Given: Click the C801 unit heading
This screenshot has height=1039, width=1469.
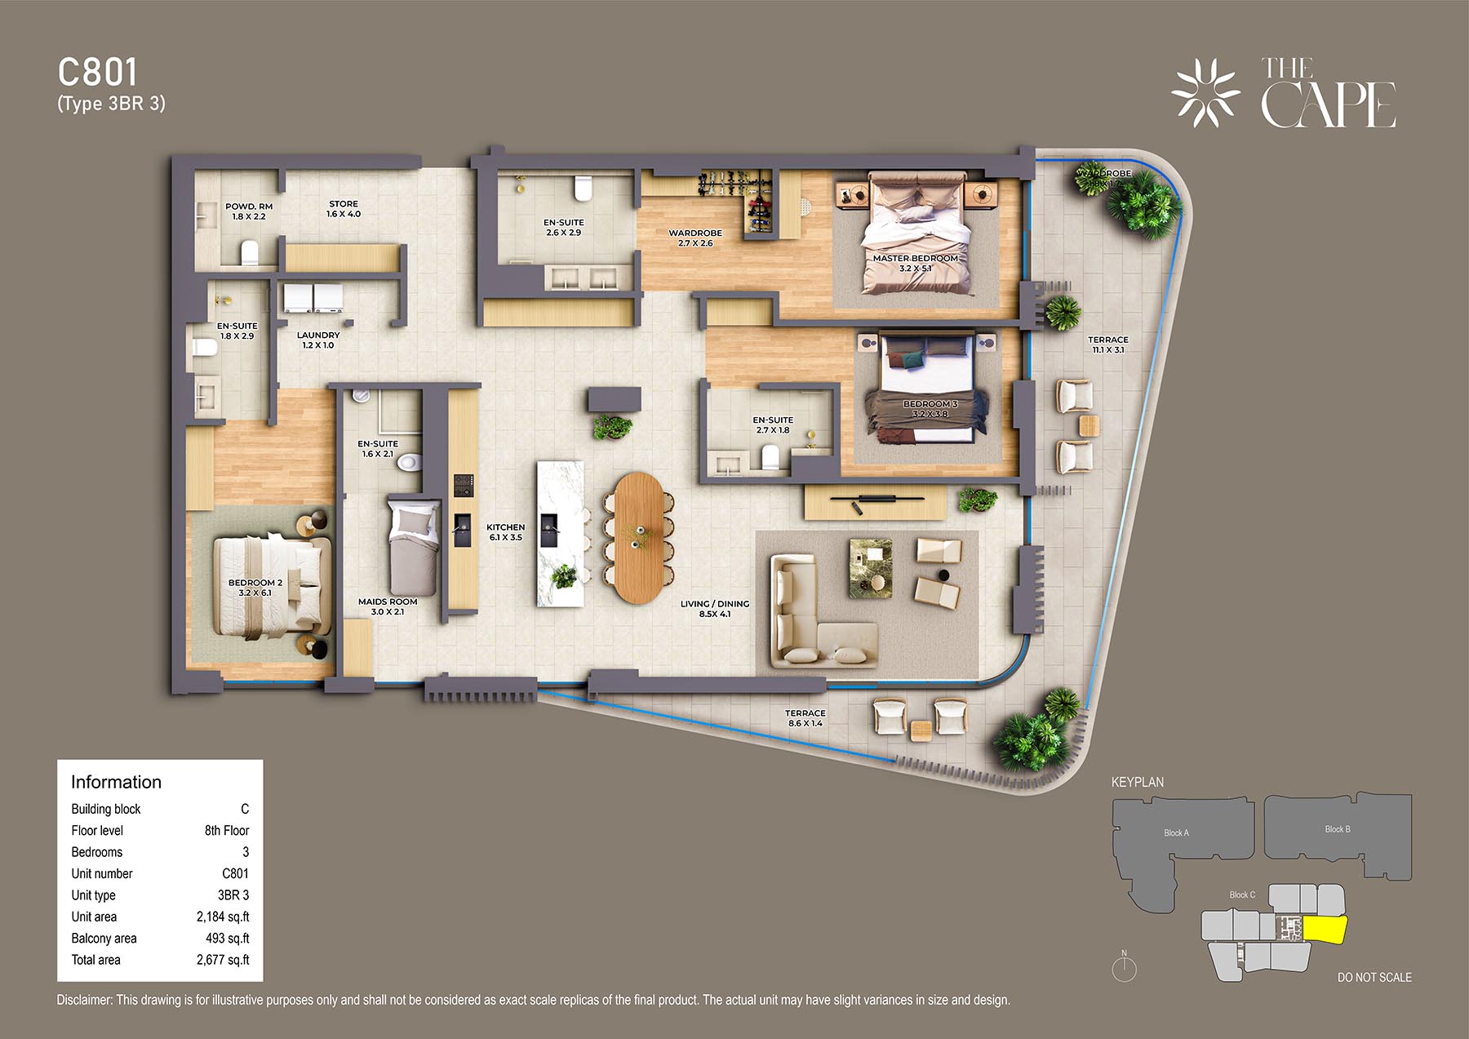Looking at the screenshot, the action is click(98, 73).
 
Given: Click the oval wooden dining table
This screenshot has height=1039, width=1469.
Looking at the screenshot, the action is click(640, 538).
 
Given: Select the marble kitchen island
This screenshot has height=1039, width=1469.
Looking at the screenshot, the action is click(561, 534).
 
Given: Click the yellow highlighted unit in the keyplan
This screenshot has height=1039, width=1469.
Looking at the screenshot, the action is click(1324, 929).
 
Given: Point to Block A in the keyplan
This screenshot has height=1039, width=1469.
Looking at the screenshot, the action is click(1176, 833).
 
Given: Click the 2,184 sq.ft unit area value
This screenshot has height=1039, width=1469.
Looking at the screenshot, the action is click(223, 917).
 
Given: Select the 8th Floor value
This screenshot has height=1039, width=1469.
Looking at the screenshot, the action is click(227, 830).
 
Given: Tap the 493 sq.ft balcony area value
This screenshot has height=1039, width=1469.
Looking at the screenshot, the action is click(228, 939).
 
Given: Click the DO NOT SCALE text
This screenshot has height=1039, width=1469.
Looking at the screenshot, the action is click(1374, 977).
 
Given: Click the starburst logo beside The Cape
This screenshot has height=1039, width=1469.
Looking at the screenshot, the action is click(1205, 93).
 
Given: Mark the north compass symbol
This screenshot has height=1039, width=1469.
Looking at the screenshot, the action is click(1125, 967).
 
